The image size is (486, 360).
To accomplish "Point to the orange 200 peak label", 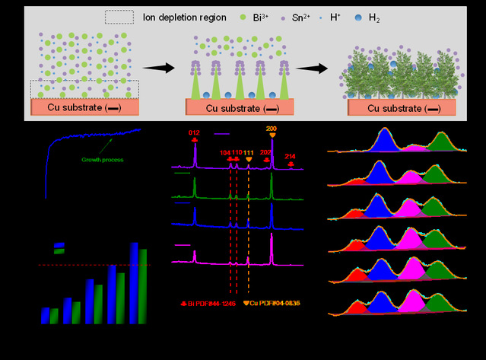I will [272, 129].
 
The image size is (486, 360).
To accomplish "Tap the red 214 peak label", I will [291, 156].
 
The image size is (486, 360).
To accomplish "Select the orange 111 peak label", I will [249, 153].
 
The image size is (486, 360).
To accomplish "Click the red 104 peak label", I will [225, 153].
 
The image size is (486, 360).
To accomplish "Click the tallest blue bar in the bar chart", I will [135, 282].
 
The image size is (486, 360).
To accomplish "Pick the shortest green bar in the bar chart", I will [54, 314].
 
